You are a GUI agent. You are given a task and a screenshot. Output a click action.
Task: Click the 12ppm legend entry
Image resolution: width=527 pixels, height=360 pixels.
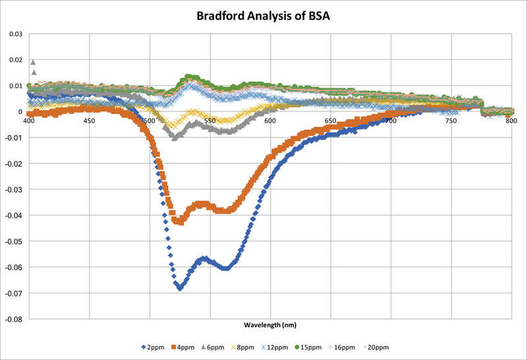(298, 346)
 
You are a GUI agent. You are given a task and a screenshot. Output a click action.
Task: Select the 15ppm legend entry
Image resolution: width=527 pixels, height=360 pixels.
(336, 346)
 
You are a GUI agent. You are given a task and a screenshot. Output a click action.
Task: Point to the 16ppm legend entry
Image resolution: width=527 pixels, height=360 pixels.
(374, 346)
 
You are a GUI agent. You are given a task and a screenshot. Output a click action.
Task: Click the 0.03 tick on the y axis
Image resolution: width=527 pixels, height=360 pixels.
(14, 34)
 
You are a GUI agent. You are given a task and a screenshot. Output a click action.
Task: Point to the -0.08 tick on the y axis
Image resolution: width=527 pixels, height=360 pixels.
(13, 319)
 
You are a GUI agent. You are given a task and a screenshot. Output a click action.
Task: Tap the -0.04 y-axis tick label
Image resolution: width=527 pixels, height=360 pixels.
(13, 215)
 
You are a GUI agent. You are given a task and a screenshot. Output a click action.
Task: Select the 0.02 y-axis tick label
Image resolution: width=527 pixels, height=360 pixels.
(14, 59)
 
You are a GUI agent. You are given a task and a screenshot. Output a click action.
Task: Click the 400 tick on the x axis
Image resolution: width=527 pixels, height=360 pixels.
(29, 121)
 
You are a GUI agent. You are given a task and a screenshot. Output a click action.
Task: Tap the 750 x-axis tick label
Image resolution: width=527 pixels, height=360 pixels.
(451, 121)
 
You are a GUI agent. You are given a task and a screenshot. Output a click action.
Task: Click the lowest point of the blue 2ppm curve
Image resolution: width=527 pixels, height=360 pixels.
(179, 288)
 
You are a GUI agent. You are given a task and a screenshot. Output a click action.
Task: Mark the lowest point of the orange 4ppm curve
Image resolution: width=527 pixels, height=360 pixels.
(177, 222)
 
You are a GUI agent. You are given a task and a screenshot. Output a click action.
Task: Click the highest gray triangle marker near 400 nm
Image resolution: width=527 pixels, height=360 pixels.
(33, 63)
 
